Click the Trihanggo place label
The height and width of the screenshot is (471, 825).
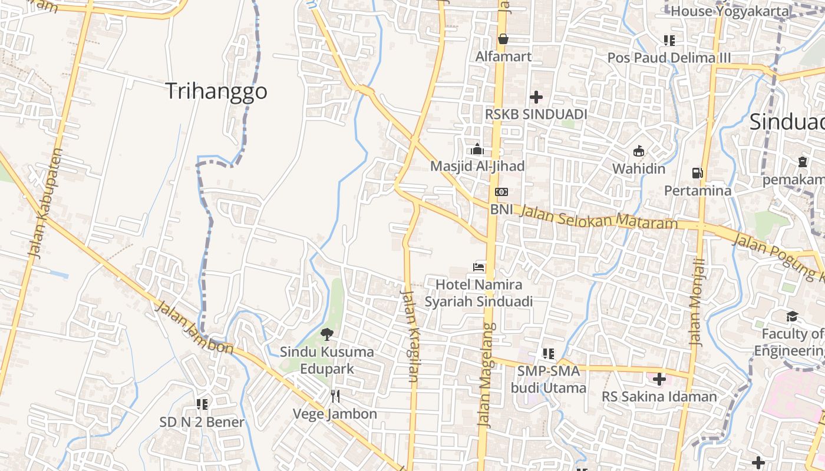coord(216,91)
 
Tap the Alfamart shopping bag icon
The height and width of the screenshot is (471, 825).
coord(503,39)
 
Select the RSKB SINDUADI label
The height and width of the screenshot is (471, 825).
coord(536,114)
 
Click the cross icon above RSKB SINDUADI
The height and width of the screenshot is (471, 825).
coord(536,97)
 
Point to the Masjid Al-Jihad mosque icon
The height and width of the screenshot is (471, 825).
coord(477,149)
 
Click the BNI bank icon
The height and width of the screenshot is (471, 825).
coord(501,192)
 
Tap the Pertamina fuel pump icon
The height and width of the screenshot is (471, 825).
coord(698,173)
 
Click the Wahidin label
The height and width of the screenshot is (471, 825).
coord(639,169)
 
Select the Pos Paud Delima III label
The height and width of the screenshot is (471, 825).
coord(669,58)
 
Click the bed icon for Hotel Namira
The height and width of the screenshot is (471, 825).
coord(478,267)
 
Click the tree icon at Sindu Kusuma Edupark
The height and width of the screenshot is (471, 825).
coord(326,334)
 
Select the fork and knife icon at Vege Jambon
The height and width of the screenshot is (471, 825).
coord(335,396)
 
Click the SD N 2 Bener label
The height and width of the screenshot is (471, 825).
coord(202,422)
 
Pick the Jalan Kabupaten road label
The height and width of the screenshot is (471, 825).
coord(45,204)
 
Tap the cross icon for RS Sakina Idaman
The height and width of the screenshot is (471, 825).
coord(659,379)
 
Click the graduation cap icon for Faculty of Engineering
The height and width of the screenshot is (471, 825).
coord(792,317)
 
